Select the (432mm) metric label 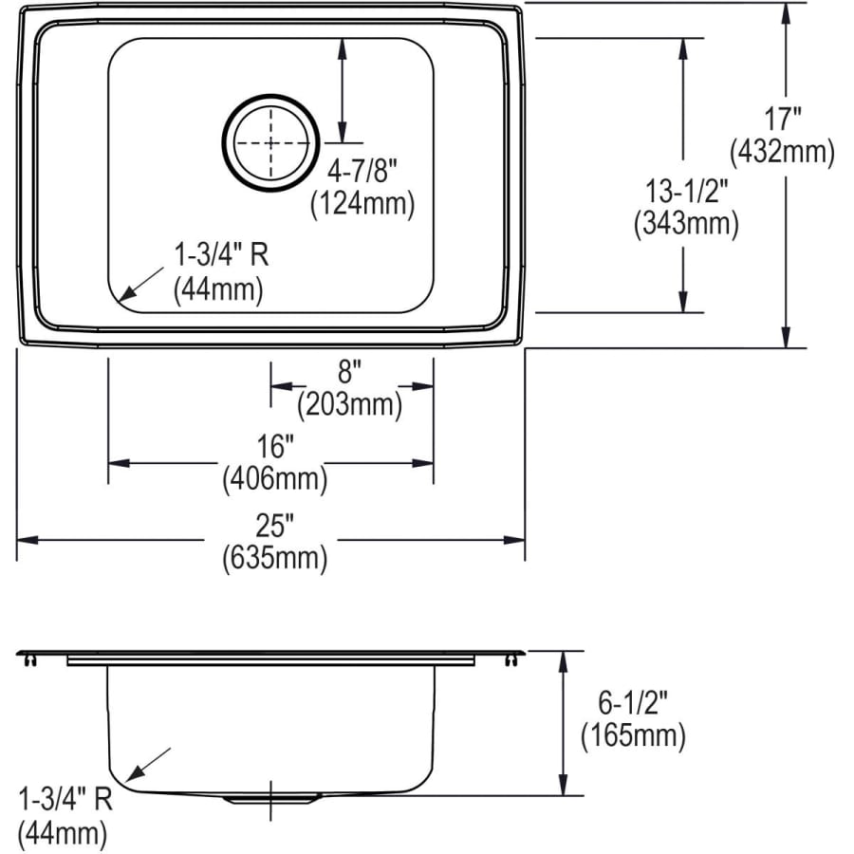pyautogui.click(x=782, y=152)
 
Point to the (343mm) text pyautogui.click(x=686, y=224)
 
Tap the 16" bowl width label pyautogui.click(x=274, y=446)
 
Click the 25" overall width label pyautogui.click(x=274, y=524)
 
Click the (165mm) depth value pyautogui.click(x=632, y=734)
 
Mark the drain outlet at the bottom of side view pyautogui.click(x=271, y=799)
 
